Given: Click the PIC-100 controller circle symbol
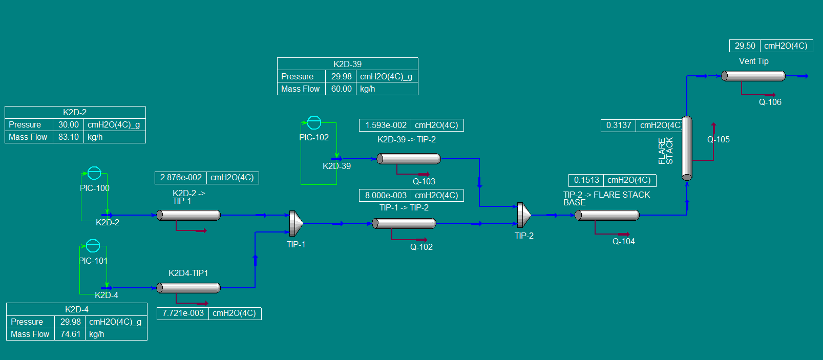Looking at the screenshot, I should pos(94,173).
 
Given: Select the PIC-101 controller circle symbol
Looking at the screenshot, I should pos(93,246).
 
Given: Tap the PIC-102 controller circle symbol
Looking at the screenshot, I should pos(314,122).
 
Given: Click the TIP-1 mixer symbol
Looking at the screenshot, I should pos(296,223).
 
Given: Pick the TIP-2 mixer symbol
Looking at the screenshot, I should pos(523,215).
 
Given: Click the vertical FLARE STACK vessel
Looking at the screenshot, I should pos(687,148).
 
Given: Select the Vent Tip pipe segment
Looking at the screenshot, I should pos(753,76).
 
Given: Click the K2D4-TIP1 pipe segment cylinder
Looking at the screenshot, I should pos(188,288).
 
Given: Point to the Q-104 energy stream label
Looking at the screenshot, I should pos(623,241).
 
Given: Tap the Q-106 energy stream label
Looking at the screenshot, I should pos(770,102).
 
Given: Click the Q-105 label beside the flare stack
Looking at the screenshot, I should pos(718,139).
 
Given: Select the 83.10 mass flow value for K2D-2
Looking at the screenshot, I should pos(69,137).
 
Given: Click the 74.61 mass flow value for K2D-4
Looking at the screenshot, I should pos(70,334).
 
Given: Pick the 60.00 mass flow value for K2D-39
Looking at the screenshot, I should pos(341,89).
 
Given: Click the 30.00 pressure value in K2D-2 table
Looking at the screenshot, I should pos(69,124).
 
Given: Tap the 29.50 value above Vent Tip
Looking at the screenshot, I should pos(745,46).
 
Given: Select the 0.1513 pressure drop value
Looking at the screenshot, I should pos(586,180).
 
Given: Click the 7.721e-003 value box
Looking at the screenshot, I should pos(183,313).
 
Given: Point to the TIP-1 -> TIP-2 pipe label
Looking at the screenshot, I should pos(404,207).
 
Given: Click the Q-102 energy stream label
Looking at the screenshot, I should pos(421,247).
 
